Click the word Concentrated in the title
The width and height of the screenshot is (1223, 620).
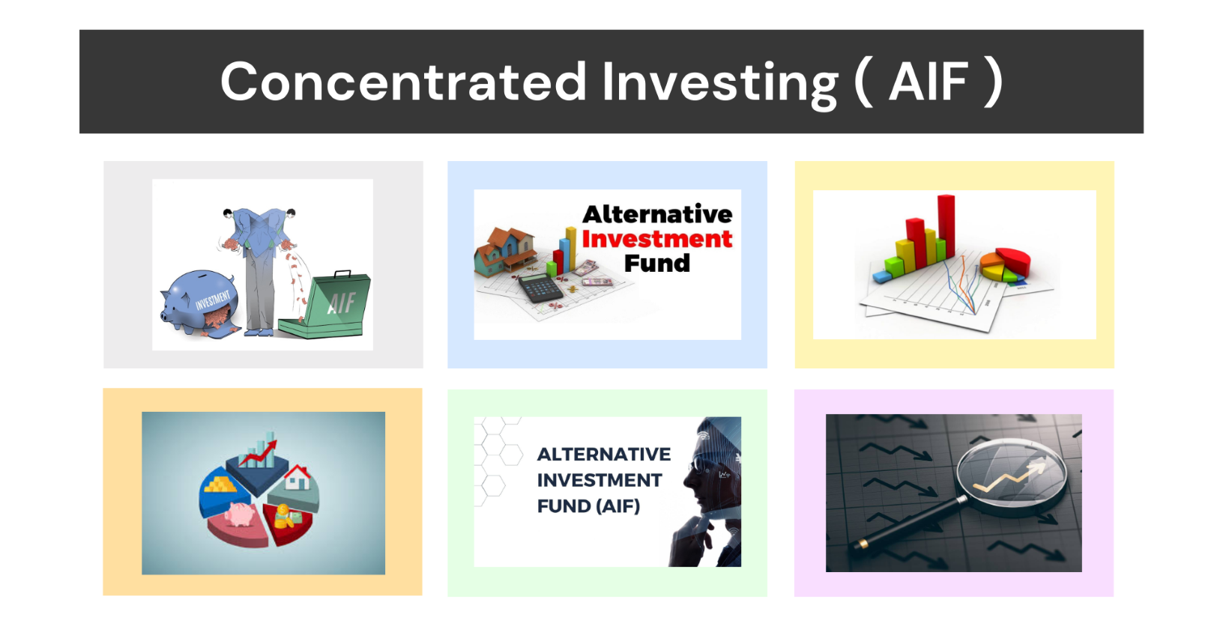point(403,82)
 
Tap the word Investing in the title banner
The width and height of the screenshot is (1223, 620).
point(719,84)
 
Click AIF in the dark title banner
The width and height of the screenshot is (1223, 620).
point(928,82)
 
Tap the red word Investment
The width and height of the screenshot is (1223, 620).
point(656,239)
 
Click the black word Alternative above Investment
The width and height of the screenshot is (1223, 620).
point(657,214)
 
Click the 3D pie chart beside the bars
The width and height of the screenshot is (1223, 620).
point(1005,265)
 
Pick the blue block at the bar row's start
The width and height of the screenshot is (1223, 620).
point(882,277)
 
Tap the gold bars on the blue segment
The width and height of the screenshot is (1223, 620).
point(220,484)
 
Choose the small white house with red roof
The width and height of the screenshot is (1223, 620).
point(298,477)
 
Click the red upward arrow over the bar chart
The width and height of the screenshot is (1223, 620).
point(259,453)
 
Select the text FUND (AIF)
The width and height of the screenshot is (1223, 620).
point(588,506)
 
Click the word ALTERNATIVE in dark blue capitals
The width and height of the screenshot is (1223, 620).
point(604,454)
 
